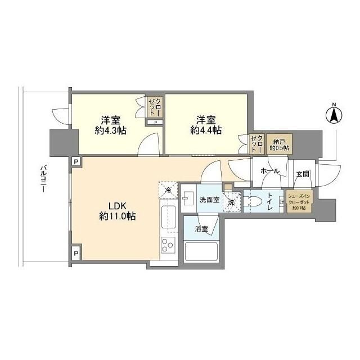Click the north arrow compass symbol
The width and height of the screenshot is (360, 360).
[x=333, y=115]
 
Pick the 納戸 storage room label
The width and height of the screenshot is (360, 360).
[x=278, y=144]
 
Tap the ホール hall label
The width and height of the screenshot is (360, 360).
[x=270, y=170]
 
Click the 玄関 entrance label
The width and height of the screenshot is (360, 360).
[x=302, y=174]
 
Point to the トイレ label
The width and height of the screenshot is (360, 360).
[x=270, y=202]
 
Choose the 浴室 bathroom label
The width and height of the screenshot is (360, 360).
[x=201, y=229]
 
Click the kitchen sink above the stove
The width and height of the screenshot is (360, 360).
[x=168, y=216]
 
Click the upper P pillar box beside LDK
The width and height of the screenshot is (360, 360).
[x=75, y=161]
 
